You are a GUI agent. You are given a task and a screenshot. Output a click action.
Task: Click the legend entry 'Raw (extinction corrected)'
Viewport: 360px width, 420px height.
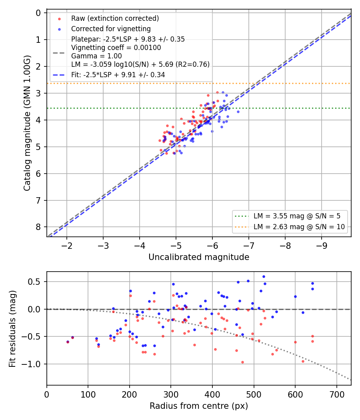115,18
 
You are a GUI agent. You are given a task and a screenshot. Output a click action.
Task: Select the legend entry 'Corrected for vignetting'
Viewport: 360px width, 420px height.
111,29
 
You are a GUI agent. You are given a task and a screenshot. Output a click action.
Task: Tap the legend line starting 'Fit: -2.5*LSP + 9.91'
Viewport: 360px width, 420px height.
118,75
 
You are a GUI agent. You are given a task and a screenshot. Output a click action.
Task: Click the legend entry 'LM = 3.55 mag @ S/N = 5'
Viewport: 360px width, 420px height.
297,216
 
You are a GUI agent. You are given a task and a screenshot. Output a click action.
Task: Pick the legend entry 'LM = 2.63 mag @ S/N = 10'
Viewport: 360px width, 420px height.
299,227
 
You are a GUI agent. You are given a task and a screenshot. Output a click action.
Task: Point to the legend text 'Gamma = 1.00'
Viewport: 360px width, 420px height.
96,56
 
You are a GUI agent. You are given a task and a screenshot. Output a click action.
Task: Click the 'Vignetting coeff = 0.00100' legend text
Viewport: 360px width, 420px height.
116,48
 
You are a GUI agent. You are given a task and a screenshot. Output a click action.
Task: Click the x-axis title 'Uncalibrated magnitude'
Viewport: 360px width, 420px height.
199,257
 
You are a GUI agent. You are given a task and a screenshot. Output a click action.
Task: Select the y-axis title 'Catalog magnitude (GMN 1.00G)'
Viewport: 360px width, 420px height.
27,123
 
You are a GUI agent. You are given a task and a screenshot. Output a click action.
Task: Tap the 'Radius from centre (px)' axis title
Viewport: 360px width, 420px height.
199,406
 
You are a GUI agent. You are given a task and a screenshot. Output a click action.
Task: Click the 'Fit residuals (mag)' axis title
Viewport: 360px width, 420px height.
12,329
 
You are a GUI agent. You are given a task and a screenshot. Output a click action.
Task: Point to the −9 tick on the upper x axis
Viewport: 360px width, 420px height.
322,246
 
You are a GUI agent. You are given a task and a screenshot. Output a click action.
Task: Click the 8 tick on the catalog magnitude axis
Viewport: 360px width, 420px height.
38,227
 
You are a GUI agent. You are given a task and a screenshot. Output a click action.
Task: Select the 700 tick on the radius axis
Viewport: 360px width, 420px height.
337,394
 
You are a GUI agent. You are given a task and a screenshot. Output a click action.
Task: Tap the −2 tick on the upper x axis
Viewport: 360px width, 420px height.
67,246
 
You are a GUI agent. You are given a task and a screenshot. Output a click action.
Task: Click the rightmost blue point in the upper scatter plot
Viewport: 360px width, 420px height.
238,112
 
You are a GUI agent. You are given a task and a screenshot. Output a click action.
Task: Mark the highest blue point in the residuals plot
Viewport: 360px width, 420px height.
264,277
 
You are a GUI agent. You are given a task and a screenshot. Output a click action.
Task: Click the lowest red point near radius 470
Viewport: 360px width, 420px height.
242,362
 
